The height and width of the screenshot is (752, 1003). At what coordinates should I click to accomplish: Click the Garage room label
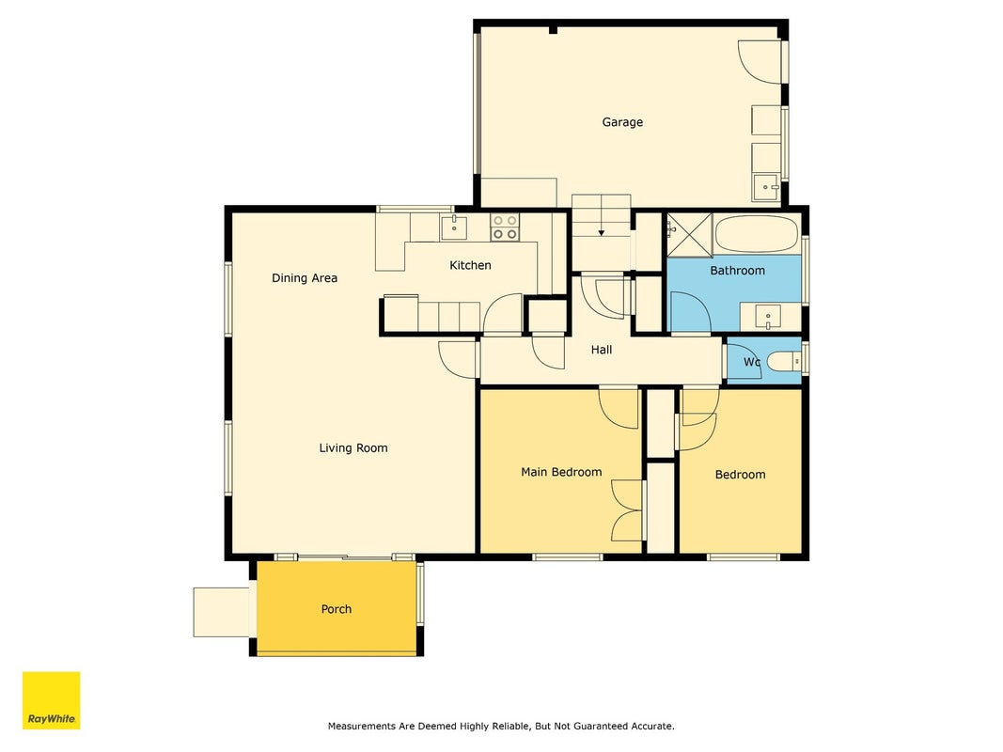621,122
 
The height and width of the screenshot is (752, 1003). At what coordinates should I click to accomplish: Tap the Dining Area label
305,278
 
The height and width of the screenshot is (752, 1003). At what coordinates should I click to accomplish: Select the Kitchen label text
470,265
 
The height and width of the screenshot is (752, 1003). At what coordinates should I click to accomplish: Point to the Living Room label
353,448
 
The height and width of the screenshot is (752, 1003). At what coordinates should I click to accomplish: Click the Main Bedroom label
561,472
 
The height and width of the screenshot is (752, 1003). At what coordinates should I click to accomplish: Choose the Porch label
337,609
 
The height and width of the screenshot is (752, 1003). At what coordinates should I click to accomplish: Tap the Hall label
602,350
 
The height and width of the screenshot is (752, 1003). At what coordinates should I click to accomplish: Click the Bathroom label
737,271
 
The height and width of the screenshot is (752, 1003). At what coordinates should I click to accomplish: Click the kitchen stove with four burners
504,227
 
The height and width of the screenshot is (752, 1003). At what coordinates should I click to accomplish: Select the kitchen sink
453,227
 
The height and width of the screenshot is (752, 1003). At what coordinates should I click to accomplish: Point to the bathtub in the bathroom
757,234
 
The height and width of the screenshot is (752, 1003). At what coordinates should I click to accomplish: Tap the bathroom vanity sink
768,317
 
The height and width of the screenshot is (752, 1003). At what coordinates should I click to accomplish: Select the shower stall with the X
689,235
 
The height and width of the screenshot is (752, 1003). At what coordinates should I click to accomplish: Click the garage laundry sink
766,187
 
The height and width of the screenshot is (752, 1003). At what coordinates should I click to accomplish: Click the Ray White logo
51,700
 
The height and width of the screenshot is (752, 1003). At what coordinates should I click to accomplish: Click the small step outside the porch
221,612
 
